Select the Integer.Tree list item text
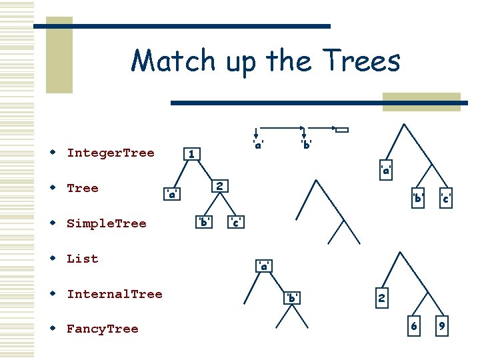tap(111, 153)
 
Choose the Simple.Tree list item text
tap(107, 223)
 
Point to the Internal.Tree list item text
tap(115, 294)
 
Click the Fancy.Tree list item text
tap(103, 329)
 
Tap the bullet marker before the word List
tap(52, 259)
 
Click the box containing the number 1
tap(192, 155)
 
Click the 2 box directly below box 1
tap(220, 185)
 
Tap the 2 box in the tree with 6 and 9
tap(381, 298)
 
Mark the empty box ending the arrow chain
tap(342, 129)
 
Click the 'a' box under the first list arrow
tap(257, 143)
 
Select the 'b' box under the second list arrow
tap(305, 143)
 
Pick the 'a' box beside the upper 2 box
tap(172, 194)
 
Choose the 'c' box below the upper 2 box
tap(235, 221)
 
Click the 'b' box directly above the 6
tap(418, 198)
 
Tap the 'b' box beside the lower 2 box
tap(291, 298)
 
